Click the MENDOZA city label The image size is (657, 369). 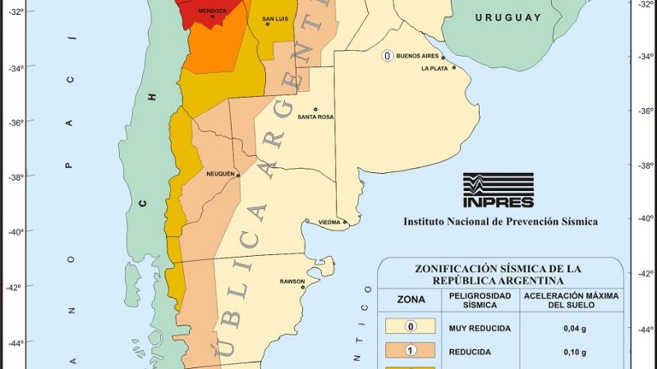tap(212, 11)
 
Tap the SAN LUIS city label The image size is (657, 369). tap(275, 18)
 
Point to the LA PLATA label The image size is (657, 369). tap(436, 68)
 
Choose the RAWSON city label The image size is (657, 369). tap(292, 281)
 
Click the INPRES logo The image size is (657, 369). tap(498, 190)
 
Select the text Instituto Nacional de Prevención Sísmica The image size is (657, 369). tap(500, 221)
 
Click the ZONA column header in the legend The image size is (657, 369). tap(411, 300)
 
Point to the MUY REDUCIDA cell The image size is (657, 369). tap(480, 328)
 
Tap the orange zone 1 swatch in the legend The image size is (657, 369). tap(411, 351)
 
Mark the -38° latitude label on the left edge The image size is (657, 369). tap(16, 176)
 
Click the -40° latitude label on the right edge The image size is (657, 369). tap(641, 218)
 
